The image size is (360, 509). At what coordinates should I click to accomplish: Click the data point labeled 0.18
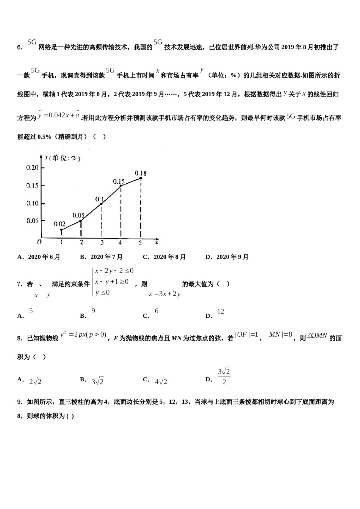pos(141,178)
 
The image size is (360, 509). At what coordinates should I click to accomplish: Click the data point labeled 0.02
pos(61,230)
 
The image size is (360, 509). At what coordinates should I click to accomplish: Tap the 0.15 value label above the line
pos(119,182)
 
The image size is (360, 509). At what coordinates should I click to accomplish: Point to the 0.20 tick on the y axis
pos(32,168)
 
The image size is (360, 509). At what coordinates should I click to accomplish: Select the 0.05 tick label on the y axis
pos(32,221)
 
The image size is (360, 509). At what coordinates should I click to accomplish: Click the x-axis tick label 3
pos(102,243)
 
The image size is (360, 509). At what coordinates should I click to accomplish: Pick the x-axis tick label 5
pos(140,243)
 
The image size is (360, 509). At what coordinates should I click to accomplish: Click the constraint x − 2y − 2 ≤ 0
pos(114,271)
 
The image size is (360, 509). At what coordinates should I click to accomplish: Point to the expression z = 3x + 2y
pos(164,294)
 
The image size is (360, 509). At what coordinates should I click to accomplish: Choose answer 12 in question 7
pos(221,312)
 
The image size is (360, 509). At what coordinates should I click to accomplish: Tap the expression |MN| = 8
pos(279,334)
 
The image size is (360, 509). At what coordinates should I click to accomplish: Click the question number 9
pos(20,402)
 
